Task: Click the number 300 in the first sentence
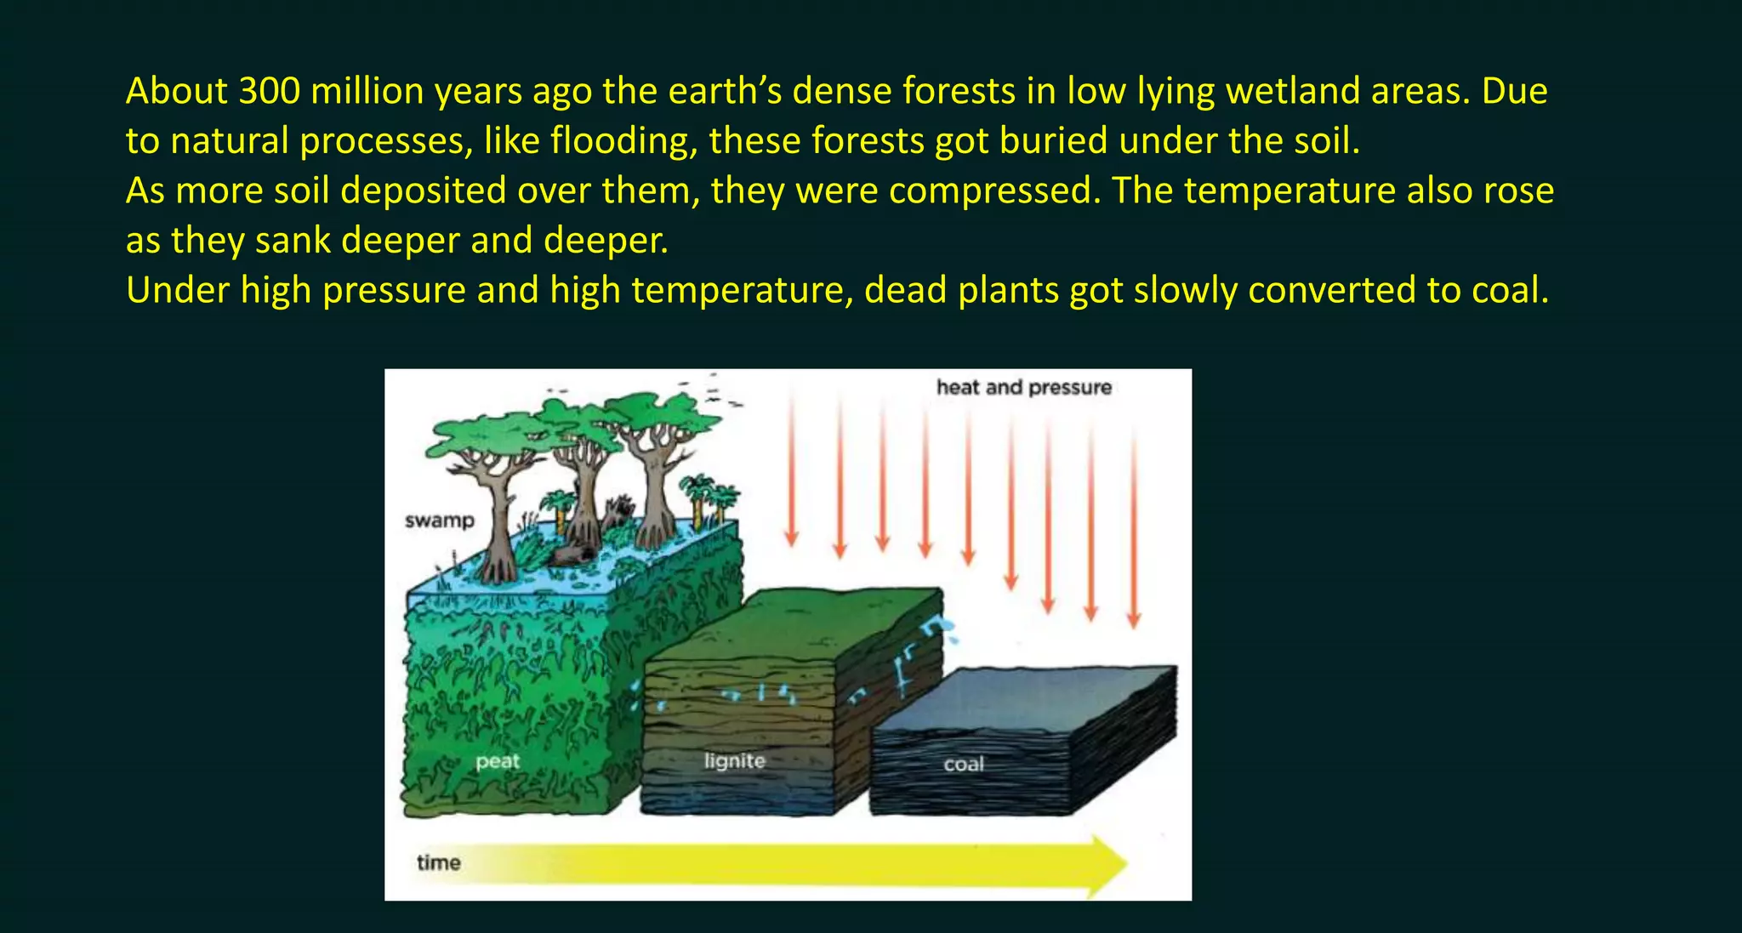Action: point(269,91)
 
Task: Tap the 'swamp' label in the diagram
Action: point(439,521)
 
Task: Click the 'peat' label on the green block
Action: point(497,760)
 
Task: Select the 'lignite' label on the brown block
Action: point(734,760)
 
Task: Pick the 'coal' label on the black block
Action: point(963,764)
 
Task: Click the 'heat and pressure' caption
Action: point(1023,388)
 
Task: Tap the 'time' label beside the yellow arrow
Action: point(438,862)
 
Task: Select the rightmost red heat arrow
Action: point(1133,527)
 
